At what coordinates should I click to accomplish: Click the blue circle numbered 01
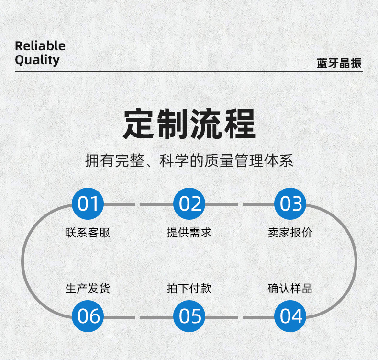point(88,204)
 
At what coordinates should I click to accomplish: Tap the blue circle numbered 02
point(189,204)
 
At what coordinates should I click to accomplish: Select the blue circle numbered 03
point(291,204)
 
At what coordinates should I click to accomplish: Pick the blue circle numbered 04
point(291,316)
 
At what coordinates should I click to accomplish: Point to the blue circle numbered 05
point(189,316)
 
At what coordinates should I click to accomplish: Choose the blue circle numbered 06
point(88,316)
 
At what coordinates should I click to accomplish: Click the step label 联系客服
point(88,233)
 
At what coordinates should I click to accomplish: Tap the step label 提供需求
point(189,233)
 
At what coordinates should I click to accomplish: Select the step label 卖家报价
point(291,233)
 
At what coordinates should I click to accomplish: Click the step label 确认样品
point(291,289)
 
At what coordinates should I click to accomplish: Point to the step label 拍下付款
point(189,289)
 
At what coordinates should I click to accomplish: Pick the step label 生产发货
point(88,289)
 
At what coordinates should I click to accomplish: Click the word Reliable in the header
point(40,46)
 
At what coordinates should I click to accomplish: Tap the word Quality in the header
point(37,60)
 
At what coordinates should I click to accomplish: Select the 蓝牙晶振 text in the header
point(339,64)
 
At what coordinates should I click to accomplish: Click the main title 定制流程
point(189,124)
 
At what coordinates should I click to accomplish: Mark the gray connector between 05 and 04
point(240,317)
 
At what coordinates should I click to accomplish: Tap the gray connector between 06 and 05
point(139,317)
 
